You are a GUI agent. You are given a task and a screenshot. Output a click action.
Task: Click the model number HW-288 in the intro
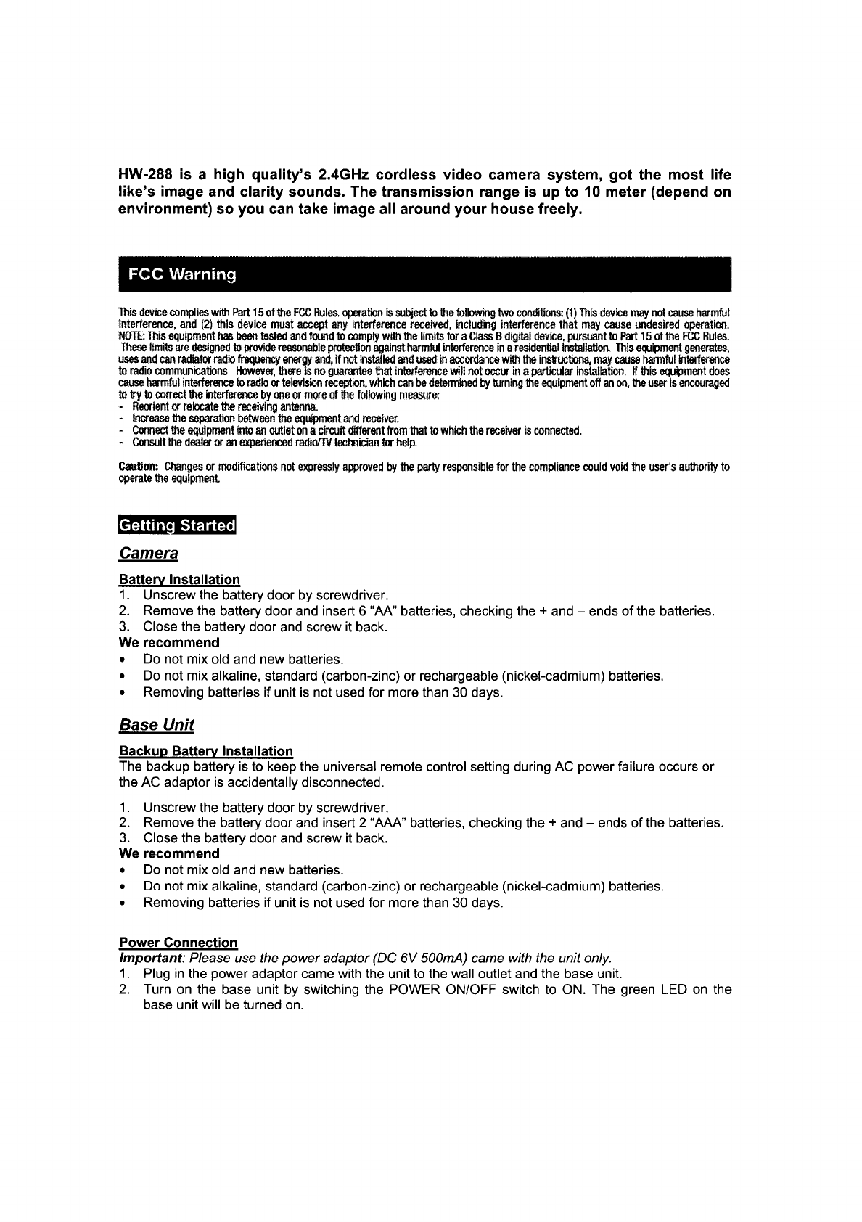(x=145, y=176)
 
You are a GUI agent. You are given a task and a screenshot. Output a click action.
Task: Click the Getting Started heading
(x=178, y=525)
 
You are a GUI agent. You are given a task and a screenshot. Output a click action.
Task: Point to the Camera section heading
(x=149, y=554)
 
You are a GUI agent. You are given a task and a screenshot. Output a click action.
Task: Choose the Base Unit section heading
(x=157, y=725)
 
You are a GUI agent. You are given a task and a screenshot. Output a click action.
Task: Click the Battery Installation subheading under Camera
(x=179, y=580)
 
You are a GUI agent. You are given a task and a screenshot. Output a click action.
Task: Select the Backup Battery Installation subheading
(x=206, y=751)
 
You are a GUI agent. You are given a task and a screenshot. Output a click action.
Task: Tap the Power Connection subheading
(x=178, y=943)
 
